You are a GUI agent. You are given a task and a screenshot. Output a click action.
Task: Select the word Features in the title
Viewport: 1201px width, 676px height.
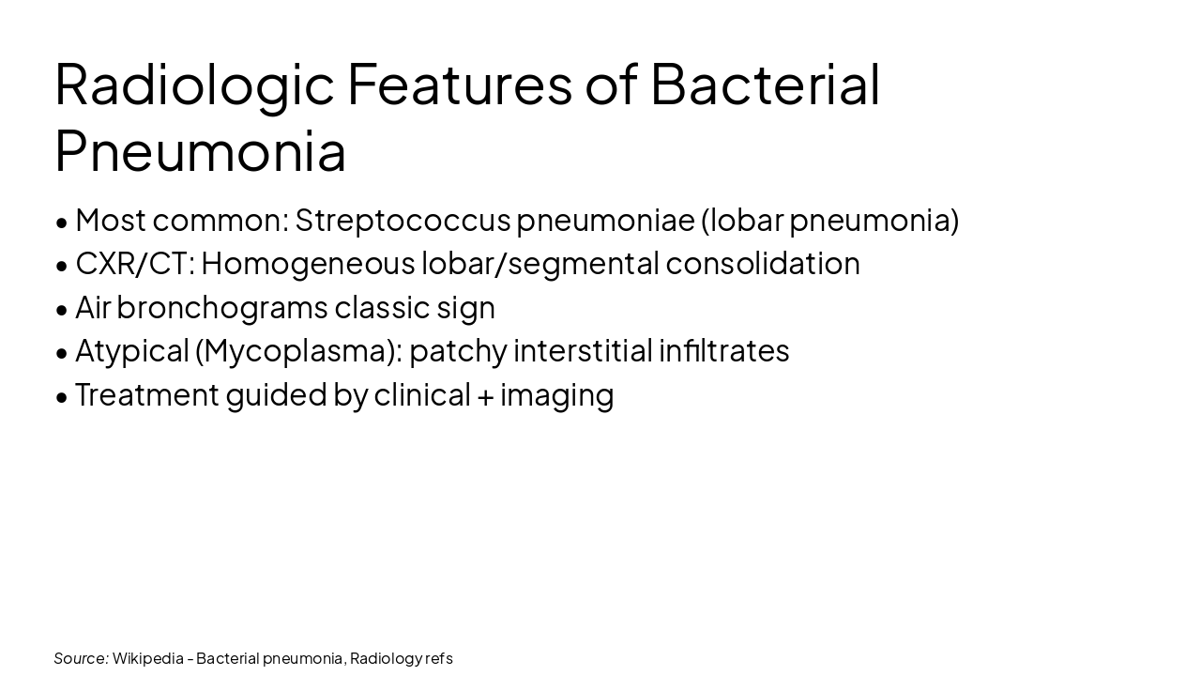[459, 84]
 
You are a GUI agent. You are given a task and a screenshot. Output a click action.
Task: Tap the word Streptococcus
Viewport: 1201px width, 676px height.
[403, 220]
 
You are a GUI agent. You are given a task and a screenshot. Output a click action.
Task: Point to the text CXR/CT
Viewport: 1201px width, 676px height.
[134, 264]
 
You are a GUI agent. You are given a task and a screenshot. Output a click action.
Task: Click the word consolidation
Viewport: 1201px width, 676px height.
[762, 264]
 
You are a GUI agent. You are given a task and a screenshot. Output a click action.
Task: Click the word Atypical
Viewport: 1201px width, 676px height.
[131, 351]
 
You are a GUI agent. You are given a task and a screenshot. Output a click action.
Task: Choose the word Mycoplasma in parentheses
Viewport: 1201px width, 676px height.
[297, 351]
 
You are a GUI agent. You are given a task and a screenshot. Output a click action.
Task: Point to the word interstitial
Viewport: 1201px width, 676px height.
[583, 351]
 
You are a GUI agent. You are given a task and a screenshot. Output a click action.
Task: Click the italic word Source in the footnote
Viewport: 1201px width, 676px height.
[81, 658]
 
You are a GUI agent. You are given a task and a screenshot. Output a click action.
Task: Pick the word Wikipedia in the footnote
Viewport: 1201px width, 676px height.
[147, 658]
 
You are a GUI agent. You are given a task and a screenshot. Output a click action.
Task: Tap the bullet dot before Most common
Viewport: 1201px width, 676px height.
[62, 223]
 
